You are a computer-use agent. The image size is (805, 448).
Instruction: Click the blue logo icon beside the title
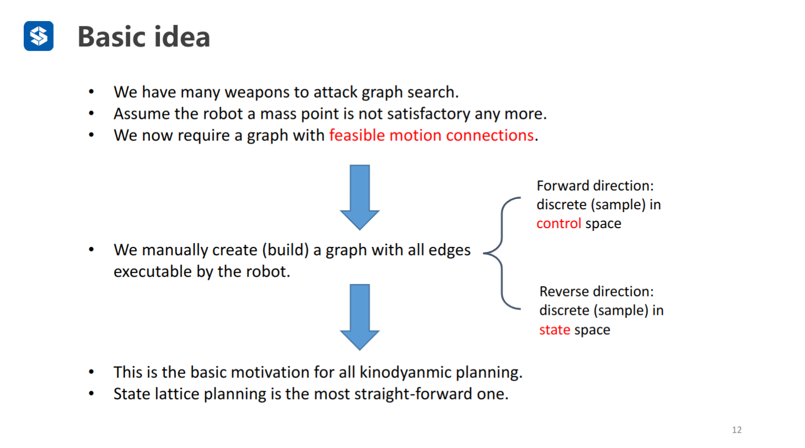(39, 36)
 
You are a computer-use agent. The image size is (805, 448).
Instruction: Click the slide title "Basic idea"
(143, 37)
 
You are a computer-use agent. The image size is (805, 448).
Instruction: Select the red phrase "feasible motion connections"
(431, 135)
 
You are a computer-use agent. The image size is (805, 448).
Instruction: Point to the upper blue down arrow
(360, 196)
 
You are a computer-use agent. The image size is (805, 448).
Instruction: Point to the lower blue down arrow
(360, 316)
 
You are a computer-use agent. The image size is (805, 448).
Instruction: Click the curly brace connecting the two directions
(501, 253)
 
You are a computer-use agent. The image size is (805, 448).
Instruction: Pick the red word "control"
(559, 224)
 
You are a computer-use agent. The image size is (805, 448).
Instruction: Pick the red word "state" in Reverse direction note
(555, 330)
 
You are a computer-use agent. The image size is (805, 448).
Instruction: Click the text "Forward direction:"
(599, 186)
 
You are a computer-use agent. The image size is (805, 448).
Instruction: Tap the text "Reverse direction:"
(600, 291)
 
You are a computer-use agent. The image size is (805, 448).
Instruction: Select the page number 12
(737, 430)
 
